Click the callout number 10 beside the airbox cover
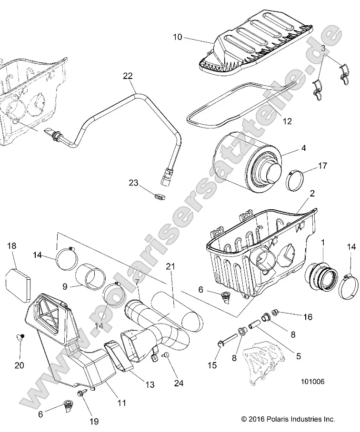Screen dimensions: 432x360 pyautogui.click(x=177, y=37)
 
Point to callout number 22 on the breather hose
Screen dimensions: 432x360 pyautogui.click(x=128, y=76)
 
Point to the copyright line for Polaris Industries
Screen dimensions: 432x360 pyautogui.click(x=288, y=419)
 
